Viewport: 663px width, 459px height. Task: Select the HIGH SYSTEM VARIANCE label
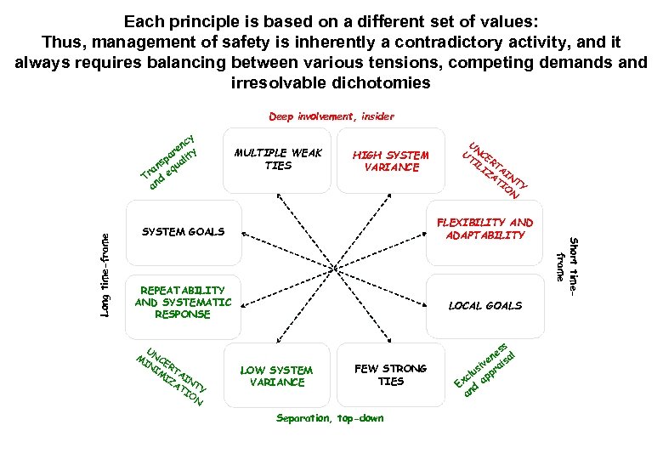click(x=391, y=161)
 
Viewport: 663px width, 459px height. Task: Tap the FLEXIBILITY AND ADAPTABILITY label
click(x=485, y=229)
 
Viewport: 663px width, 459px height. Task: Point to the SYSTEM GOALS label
click(x=184, y=231)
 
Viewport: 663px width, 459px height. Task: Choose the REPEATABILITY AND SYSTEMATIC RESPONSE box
click(x=183, y=303)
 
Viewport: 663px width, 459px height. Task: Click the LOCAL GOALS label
click(x=484, y=305)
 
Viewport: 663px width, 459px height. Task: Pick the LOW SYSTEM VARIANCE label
click(x=277, y=376)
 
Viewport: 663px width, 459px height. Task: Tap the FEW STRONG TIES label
click(x=391, y=375)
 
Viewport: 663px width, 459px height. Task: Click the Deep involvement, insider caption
click(x=331, y=116)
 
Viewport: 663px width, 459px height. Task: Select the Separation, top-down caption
click(x=331, y=418)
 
